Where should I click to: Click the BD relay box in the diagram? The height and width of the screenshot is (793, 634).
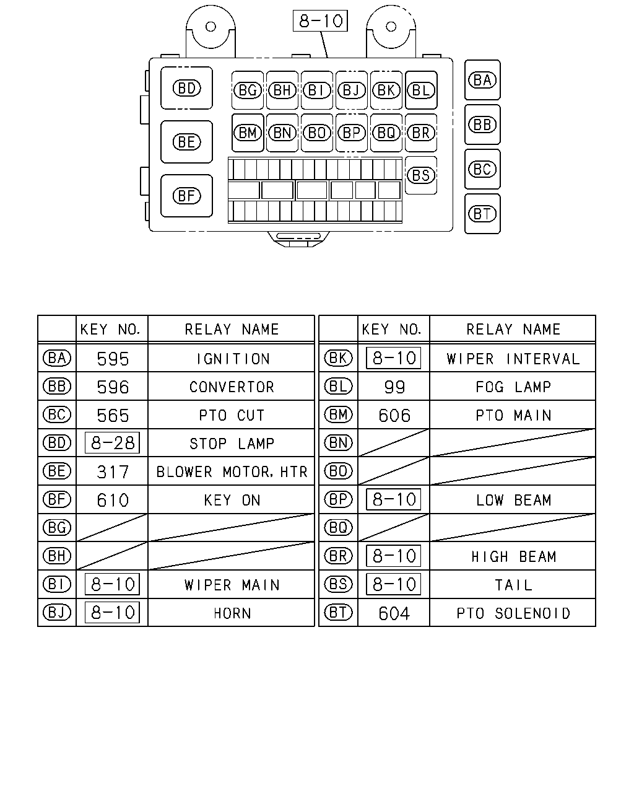tap(186, 88)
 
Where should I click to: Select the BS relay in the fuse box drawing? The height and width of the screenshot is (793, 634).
tap(421, 175)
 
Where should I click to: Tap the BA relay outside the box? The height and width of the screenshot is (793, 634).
tap(482, 80)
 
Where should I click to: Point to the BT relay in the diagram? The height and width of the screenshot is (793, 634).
tap(482, 214)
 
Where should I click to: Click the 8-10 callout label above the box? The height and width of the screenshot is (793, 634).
tap(320, 20)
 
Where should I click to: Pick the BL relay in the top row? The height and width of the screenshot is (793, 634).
tap(421, 90)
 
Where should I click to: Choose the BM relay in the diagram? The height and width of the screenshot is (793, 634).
tap(248, 133)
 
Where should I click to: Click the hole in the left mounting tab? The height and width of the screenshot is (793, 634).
tap(211, 27)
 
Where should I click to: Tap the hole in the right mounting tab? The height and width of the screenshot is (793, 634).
tap(391, 27)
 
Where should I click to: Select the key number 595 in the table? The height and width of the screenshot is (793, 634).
tap(113, 359)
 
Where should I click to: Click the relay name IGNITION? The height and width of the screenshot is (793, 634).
tap(233, 359)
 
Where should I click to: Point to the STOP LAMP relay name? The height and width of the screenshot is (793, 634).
tap(232, 444)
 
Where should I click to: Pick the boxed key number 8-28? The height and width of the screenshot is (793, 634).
tap(112, 442)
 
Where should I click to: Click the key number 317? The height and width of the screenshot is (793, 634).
tap(113, 472)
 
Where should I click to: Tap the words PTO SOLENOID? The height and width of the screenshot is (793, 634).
tap(513, 613)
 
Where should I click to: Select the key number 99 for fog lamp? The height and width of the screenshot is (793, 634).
tap(394, 387)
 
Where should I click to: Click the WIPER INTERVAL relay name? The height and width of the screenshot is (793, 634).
tap(513, 359)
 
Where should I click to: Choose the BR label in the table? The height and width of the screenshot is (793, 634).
tap(338, 556)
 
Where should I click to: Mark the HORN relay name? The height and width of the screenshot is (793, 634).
tap(232, 613)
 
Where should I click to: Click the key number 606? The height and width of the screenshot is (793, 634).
tap(394, 416)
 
